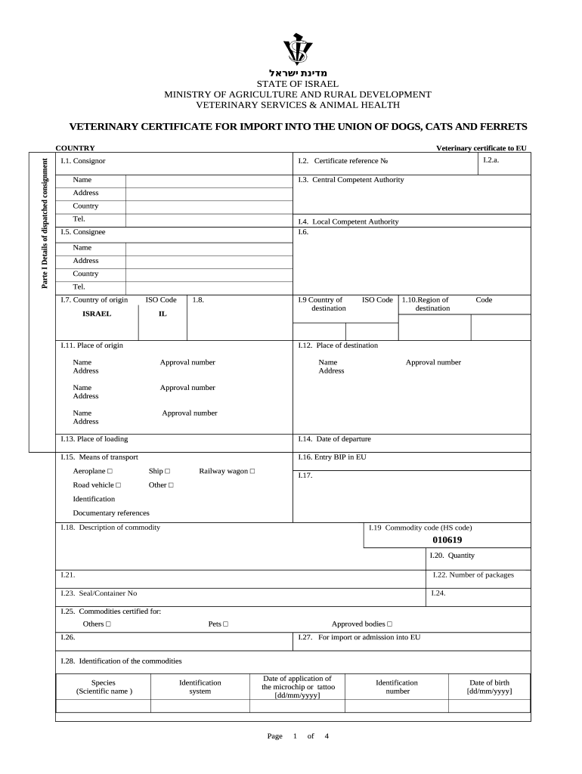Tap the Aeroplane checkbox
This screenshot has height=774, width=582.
click(x=110, y=472)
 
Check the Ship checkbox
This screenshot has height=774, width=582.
click(x=167, y=472)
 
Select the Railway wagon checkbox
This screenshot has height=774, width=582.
click(x=252, y=472)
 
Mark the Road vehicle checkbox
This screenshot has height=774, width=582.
click(x=118, y=485)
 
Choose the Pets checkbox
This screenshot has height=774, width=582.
click(x=225, y=624)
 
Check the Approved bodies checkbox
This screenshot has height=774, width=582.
click(x=389, y=624)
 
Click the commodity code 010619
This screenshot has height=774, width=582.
click(x=447, y=540)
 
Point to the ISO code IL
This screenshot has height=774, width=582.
click(x=163, y=314)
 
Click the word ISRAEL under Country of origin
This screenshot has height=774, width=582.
click(x=97, y=314)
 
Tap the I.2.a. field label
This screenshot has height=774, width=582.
click(x=491, y=160)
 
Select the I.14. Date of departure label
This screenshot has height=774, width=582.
click(x=334, y=438)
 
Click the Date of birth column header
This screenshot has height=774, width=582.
click(x=489, y=686)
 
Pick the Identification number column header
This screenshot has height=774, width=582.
click(x=397, y=686)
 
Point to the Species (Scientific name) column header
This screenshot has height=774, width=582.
click(x=104, y=686)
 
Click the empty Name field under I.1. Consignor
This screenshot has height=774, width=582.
click(x=209, y=180)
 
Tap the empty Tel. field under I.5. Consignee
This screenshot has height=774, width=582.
click(x=209, y=287)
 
